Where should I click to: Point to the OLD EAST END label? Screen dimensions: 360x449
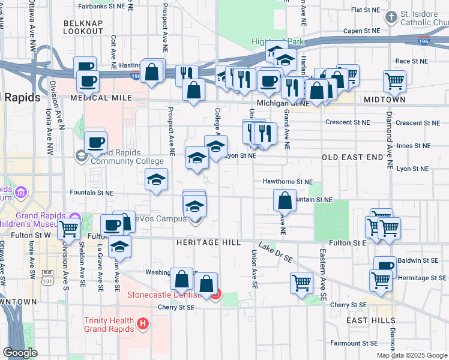click(352, 157)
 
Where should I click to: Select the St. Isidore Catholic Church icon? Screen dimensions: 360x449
click(391, 16)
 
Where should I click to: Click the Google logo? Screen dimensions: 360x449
click(20, 353)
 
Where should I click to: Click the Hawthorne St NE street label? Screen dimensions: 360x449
click(288, 181)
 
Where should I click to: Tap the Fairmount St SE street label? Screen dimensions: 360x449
click(354, 343)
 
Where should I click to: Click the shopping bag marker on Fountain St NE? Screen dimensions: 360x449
click(285, 200)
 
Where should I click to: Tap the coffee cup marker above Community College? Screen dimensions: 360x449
click(95, 143)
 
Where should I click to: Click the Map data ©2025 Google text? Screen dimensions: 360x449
click(411, 355)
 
